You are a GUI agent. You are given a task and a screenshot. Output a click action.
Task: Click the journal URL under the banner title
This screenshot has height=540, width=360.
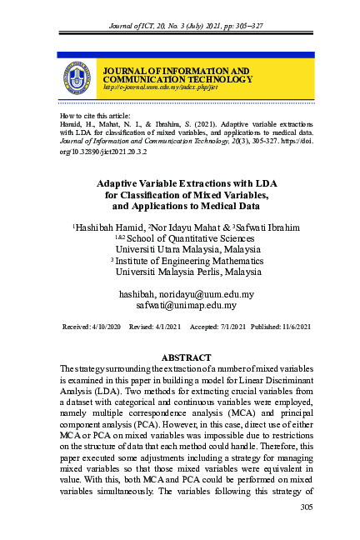coord(148,87)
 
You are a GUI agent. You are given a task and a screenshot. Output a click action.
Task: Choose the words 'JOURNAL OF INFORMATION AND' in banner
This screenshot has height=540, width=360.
coord(176,71)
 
